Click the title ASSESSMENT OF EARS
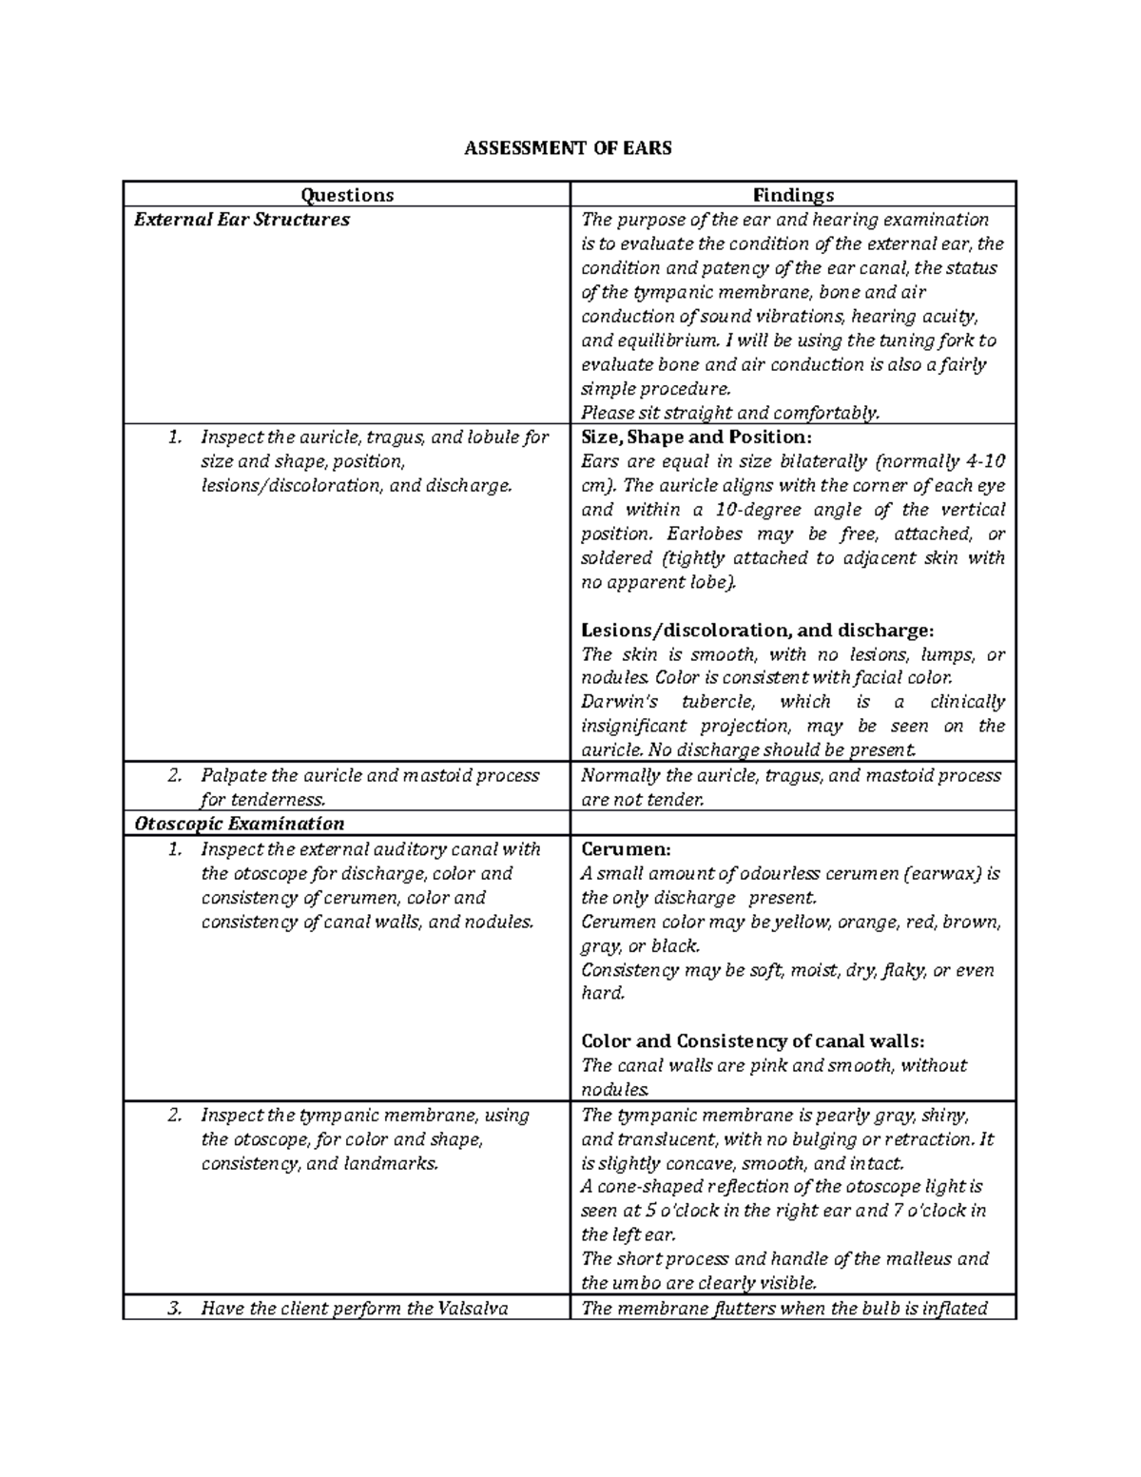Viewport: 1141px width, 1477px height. click(x=568, y=147)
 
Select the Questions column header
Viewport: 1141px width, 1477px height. click(x=347, y=195)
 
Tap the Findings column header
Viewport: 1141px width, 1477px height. click(x=793, y=195)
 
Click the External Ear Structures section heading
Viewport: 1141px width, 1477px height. click(x=242, y=220)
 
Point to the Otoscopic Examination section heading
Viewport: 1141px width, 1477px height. click(x=239, y=824)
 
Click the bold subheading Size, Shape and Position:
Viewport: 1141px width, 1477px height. click(x=696, y=437)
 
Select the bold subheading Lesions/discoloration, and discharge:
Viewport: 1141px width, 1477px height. click(x=757, y=631)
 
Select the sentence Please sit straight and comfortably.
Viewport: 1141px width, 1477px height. click(x=730, y=413)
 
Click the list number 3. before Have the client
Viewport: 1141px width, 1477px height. click(x=173, y=1308)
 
